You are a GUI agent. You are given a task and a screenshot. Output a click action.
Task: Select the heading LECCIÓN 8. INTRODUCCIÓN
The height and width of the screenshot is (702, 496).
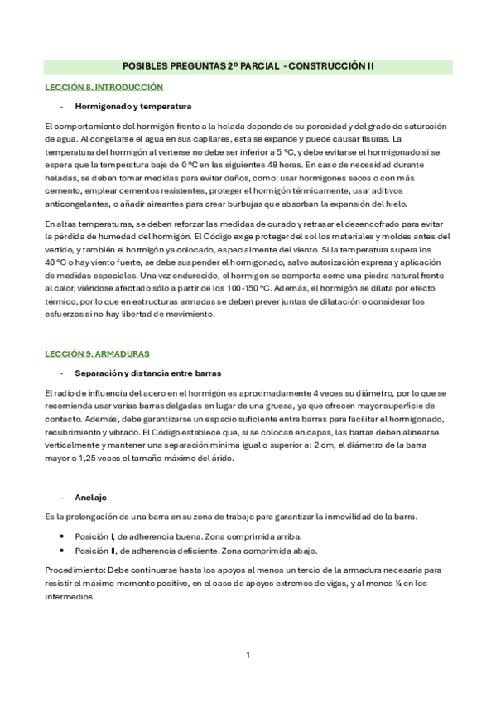[104, 87]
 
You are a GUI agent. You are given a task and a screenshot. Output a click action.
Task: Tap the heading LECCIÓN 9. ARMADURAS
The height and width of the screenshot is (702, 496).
[97, 353]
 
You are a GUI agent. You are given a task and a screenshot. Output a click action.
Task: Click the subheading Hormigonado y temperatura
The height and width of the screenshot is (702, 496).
[133, 107]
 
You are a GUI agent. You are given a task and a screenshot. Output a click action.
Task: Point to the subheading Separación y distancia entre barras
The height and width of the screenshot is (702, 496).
[147, 373]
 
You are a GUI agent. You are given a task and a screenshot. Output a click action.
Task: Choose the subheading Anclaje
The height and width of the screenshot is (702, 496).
[90, 497]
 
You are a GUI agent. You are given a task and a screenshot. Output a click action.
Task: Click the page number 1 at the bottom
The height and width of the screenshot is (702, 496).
[248, 656]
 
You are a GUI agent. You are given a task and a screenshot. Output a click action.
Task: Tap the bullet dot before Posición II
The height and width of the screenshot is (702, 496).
[62, 551]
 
